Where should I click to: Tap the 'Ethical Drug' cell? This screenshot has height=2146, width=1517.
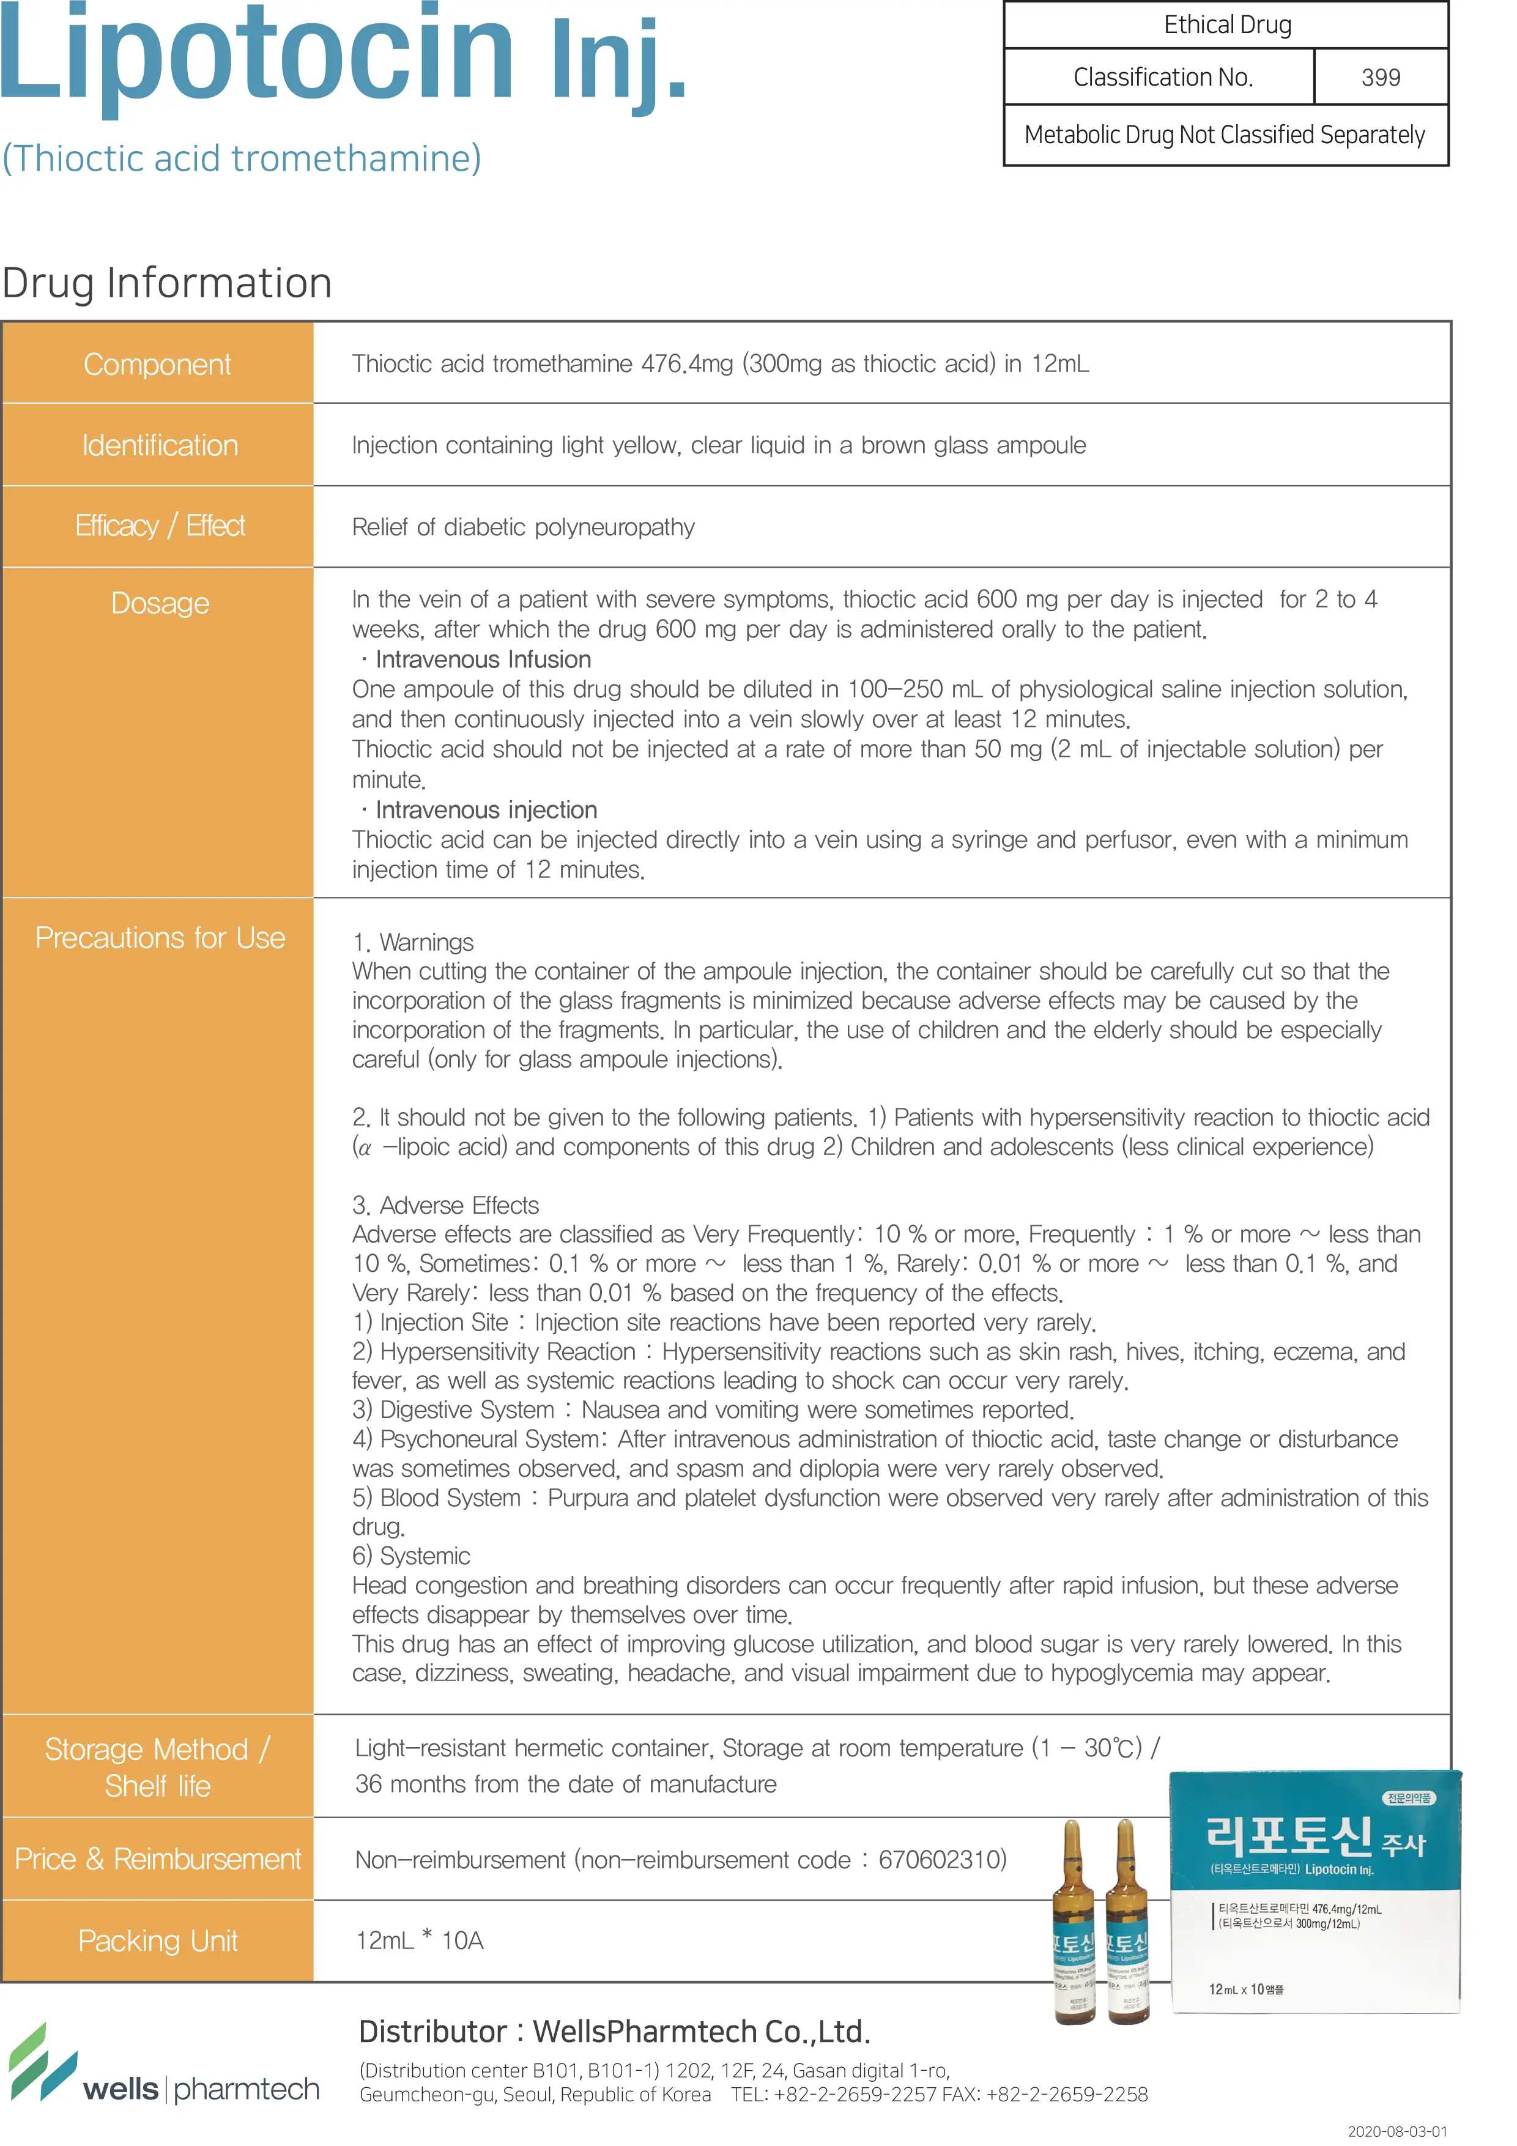click(1226, 25)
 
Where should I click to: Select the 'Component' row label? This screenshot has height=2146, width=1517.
click(157, 363)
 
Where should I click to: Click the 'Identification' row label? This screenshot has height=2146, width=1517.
click(160, 445)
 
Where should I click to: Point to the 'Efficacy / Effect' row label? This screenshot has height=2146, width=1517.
click(160, 526)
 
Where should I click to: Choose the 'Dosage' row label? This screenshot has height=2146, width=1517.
click(160, 603)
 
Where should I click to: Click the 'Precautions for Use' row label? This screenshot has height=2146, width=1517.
click(160, 937)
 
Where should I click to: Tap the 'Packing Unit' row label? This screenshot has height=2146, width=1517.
click(158, 1941)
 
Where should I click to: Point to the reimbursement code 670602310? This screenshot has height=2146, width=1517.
click(941, 1860)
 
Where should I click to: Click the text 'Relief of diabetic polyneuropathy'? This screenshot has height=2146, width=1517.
click(524, 527)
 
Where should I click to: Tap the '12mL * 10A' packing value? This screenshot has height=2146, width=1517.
click(420, 1941)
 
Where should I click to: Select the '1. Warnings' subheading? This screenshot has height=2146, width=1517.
click(413, 942)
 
